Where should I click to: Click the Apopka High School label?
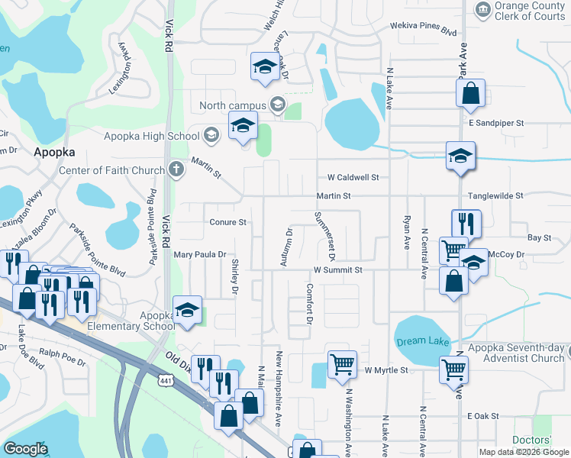click(x=151, y=136)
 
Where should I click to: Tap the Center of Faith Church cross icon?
click(x=176, y=169)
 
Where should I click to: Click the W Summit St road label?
click(x=337, y=270)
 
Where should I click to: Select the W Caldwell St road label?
click(x=353, y=177)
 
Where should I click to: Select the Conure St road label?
click(x=227, y=222)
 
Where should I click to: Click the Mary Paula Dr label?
click(x=200, y=254)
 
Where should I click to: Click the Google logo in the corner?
click(x=25, y=449)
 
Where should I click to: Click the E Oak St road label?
click(x=482, y=416)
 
